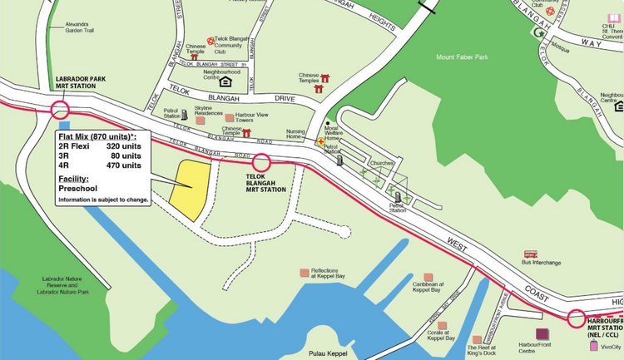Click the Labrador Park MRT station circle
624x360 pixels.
pos(60,110)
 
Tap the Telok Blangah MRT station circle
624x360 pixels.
pos(261,163)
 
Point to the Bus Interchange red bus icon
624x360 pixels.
pos(530,254)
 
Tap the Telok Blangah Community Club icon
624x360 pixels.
pos(211,39)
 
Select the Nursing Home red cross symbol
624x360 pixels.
pos(319,142)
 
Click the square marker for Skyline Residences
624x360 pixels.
pos(200,121)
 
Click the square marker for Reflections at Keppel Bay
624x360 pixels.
pos(305,272)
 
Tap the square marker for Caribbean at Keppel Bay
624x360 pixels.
pos(428,277)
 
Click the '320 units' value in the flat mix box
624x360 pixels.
pos(123,145)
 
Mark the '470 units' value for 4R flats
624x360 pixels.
pos(123,165)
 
